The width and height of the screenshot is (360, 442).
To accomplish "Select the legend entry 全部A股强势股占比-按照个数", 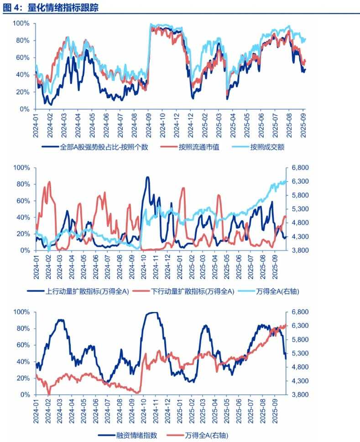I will coord(103,147).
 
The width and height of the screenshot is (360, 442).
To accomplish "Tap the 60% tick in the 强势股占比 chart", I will coord(22,57).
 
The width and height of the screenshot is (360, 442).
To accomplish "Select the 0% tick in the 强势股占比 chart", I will coord(24,109).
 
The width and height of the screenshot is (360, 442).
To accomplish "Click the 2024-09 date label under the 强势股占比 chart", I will coord(149,125).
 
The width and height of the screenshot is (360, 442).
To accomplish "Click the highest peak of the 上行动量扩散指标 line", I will coord(147,177).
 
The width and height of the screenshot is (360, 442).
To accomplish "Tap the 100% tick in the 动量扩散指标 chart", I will coord(21,168).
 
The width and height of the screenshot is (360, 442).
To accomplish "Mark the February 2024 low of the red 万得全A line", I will coord(49,394).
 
